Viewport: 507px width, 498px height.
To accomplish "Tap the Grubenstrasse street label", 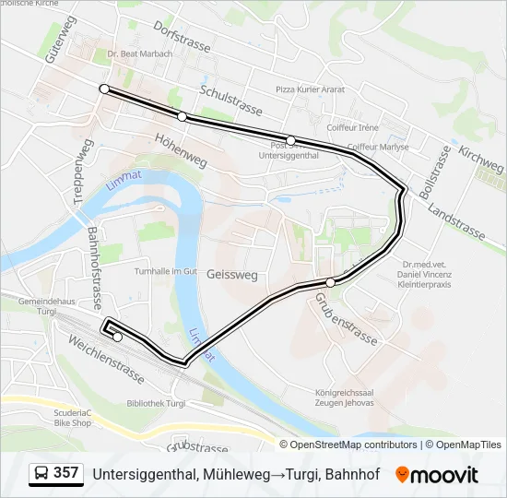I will point(346,318).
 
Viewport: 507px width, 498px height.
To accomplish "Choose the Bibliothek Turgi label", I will point(157,404).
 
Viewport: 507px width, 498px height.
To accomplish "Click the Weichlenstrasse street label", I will point(105,359).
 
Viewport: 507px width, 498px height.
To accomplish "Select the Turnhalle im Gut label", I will point(166,271).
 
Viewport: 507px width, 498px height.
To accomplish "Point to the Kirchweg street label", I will point(481,159).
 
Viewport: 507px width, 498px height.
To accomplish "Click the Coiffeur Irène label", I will point(350,126).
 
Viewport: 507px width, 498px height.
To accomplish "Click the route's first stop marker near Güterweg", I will point(104,89).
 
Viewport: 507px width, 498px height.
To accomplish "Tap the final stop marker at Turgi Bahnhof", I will point(117,337).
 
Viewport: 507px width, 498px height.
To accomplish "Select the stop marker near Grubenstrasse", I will point(330,282).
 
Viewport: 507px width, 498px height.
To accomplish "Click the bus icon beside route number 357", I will point(41,473).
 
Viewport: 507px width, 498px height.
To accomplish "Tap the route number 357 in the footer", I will point(65,473).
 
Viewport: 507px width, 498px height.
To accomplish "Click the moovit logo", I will point(437,474).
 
